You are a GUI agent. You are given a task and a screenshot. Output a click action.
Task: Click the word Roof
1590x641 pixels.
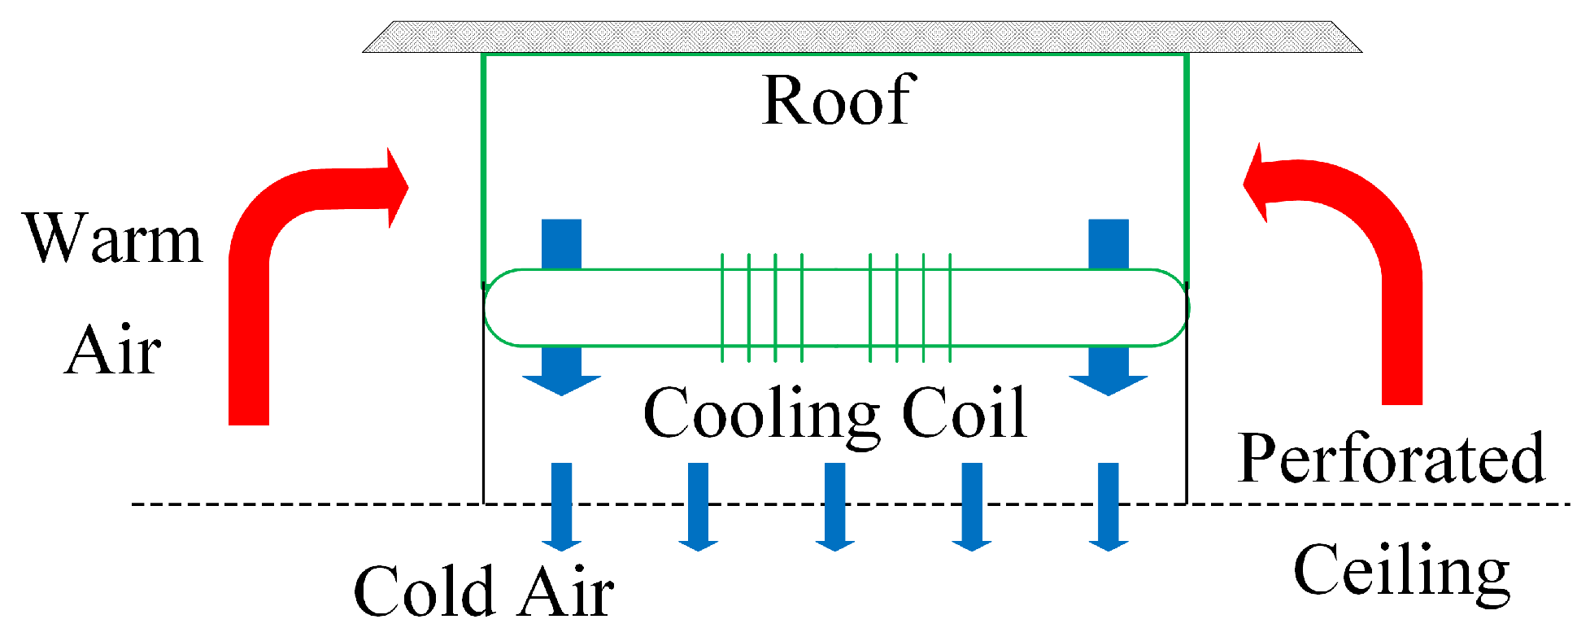(x=839, y=101)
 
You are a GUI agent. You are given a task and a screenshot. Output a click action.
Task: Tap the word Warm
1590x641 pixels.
(x=113, y=239)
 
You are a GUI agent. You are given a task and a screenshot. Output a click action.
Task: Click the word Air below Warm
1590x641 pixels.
(x=113, y=351)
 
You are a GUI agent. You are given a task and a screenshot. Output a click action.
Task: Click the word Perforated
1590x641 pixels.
(x=1391, y=458)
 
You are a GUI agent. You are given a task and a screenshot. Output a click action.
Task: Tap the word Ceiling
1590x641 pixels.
(x=1401, y=571)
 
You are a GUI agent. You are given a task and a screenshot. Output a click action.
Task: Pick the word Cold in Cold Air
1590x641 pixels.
(x=423, y=591)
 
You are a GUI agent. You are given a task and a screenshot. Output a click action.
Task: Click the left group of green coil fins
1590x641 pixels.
(x=762, y=307)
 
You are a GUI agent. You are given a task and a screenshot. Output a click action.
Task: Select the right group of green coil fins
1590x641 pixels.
(x=910, y=307)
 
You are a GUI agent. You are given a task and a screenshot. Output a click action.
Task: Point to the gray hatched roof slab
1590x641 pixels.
(x=862, y=37)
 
